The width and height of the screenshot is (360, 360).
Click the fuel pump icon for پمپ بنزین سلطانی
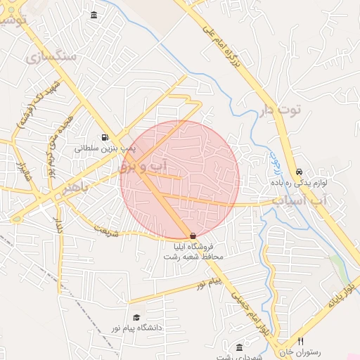click(x=105, y=137)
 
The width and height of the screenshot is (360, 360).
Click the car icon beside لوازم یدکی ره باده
click(x=299, y=172)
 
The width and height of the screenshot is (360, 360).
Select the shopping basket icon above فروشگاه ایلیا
click(x=193, y=236)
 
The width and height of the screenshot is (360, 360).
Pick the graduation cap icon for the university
click(x=136, y=318)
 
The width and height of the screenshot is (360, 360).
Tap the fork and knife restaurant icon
click(x=301, y=341)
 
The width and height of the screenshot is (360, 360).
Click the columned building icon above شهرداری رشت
click(x=240, y=348)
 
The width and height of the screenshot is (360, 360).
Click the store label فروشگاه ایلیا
click(x=199, y=247)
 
